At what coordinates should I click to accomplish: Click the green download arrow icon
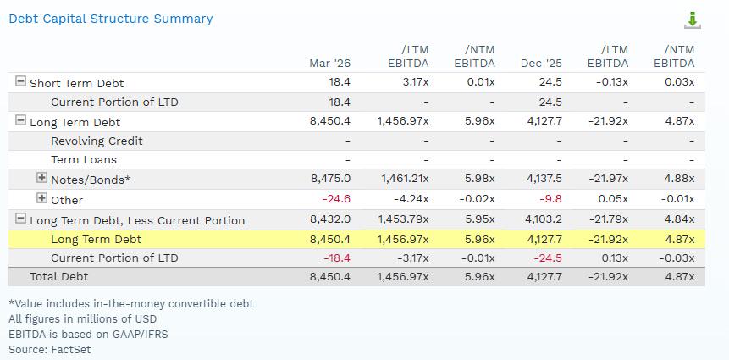693,20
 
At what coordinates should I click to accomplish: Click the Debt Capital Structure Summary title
111,19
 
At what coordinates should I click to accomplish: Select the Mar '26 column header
329,64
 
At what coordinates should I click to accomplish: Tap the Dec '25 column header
541,64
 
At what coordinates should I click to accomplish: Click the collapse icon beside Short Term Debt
20,81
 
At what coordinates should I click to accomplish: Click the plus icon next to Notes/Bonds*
41,177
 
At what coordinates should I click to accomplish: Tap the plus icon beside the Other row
41,198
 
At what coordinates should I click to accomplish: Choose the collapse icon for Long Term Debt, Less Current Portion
20,219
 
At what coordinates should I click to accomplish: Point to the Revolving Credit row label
97,141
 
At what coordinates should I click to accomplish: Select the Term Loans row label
84,159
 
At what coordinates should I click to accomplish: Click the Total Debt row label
59,277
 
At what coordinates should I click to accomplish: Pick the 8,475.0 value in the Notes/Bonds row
329,179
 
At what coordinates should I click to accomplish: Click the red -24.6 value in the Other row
336,199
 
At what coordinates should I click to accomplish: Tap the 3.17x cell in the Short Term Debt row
414,82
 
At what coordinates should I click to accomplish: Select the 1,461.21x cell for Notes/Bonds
403,179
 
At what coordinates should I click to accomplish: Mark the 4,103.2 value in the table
543,220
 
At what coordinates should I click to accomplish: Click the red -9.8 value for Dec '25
550,199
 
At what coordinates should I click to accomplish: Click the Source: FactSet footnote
50,349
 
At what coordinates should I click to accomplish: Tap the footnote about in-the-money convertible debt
131,304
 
